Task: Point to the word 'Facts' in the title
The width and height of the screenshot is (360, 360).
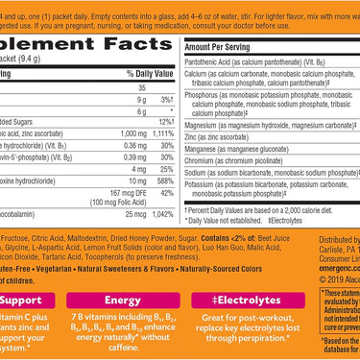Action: click(x=135, y=35)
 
